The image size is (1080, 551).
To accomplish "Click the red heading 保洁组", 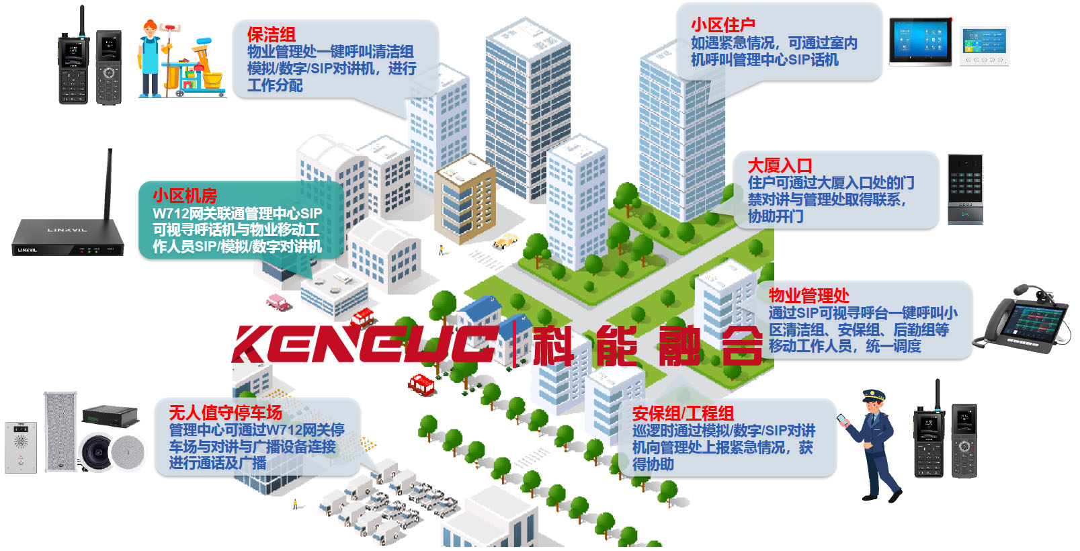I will click(271, 34).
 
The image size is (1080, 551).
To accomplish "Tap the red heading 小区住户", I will click(722, 25).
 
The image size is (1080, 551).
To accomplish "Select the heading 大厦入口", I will click(780, 165).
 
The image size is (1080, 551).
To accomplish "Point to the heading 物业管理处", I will click(808, 295).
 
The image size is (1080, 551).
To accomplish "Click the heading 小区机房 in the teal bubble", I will click(185, 196).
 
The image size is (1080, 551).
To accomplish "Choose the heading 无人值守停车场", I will click(225, 412).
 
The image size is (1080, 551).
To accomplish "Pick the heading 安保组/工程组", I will click(682, 413).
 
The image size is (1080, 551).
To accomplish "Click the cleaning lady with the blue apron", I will click(151, 57).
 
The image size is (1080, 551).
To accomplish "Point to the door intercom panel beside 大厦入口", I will click(965, 189).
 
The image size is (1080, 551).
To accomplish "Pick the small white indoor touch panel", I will click(984, 46).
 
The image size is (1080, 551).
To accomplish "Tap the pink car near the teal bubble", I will click(277, 301).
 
